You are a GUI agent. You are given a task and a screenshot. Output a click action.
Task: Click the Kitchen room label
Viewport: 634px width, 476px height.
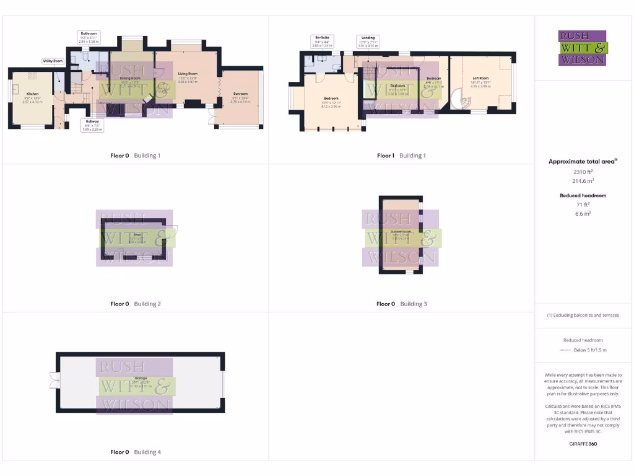(x=32, y=94)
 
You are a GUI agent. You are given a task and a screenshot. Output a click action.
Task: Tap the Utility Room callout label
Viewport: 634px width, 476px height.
(x=53, y=61)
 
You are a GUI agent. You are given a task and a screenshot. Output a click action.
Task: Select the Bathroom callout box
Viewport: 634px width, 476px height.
(x=89, y=36)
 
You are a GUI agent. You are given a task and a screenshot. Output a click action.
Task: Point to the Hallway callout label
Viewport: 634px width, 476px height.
(x=92, y=125)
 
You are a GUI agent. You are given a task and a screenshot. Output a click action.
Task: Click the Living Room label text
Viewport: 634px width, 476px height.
(x=187, y=75)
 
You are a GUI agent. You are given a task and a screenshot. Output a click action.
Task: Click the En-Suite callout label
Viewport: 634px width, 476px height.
(x=323, y=42)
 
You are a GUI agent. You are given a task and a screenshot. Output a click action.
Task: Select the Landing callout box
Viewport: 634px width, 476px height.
(x=368, y=42)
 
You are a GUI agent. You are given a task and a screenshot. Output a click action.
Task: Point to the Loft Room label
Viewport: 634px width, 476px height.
(x=480, y=79)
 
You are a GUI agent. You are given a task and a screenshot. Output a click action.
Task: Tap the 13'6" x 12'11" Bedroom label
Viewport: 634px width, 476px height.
(x=331, y=101)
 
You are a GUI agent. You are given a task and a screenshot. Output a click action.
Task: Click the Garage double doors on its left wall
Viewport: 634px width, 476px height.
(x=52, y=379)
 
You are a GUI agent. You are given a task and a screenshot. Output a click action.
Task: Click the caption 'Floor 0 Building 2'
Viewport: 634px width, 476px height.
(x=136, y=304)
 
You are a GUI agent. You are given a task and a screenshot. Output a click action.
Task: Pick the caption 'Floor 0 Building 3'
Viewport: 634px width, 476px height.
(x=402, y=304)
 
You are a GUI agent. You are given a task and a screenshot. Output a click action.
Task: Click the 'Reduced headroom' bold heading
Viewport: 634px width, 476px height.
(x=583, y=195)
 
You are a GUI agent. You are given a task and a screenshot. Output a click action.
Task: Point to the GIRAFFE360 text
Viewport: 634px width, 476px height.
(x=583, y=444)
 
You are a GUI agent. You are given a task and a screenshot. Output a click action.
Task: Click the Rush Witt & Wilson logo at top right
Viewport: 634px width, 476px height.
(x=583, y=48)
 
